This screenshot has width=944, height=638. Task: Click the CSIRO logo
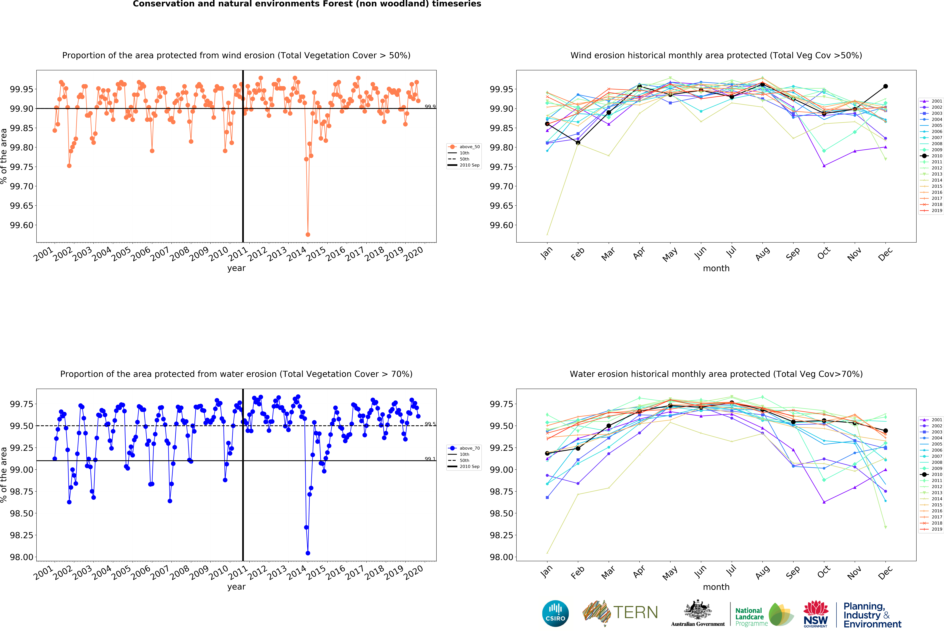(555, 613)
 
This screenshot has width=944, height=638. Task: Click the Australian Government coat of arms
(697, 610)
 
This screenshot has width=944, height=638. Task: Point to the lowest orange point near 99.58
(308, 234)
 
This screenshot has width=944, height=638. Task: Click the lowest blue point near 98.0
(308, 553)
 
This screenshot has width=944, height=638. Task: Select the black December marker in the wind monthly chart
(885, 86)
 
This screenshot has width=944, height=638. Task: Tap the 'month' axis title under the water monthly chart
(716, 587)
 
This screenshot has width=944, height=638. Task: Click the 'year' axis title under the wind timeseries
(236, 268)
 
